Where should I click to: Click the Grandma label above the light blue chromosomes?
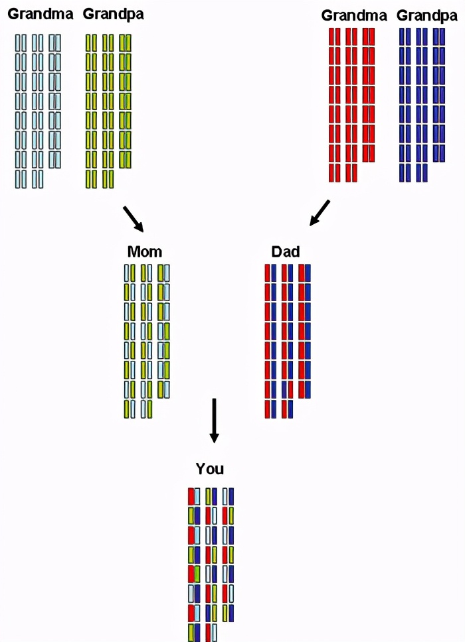41,13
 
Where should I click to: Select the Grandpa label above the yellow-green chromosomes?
114,13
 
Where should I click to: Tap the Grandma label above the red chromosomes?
354,15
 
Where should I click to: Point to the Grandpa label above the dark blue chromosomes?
426,15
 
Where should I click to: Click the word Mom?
145,252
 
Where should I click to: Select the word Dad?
286,252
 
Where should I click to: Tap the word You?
210,470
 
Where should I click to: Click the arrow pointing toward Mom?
134,219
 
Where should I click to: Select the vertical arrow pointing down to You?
213,421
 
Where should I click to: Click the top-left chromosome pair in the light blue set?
21,42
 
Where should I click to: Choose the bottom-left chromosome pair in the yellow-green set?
91,178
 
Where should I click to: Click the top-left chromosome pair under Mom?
130,273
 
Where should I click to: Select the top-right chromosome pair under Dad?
304,273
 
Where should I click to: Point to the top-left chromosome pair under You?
194,497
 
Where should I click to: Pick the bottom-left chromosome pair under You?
194,632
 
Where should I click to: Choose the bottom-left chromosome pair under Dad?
271,409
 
